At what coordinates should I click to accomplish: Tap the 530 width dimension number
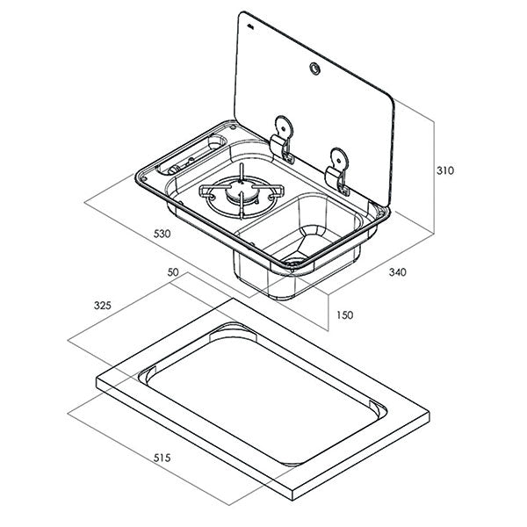pyautogui.click(x=161, y=235)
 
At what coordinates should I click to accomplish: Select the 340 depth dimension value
pyautogui.click(x=398, y=272)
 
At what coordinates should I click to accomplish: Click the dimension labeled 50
pyautogui.click(x=173, y=274)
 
